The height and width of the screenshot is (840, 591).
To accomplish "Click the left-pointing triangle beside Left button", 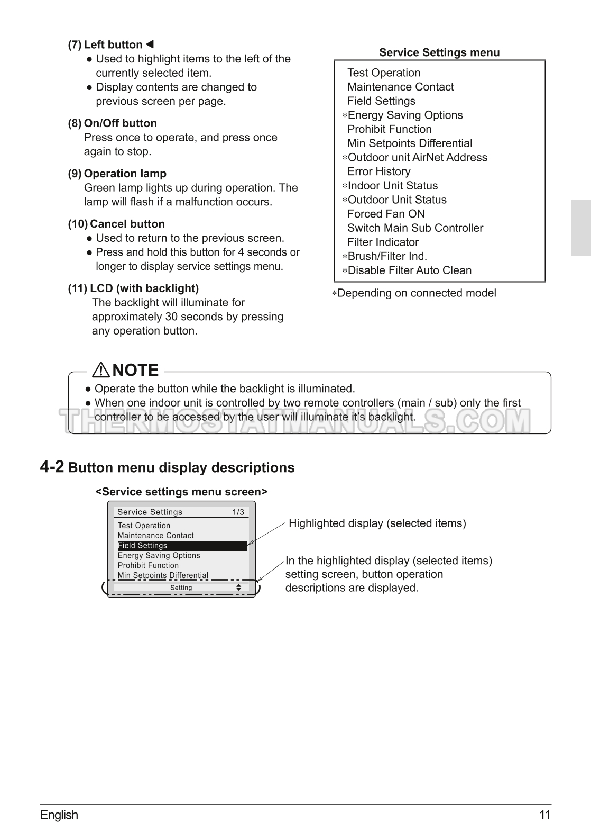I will [x=150, y=44].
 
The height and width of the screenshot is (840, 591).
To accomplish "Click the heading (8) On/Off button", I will [x=112, y=123].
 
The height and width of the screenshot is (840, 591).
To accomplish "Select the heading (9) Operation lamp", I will [x=117, y=174].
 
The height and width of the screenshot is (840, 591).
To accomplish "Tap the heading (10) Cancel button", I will [x=116, y=224].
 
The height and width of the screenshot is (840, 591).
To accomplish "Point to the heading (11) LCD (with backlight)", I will [x=133, y=288].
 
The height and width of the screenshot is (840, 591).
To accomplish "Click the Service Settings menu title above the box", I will [x=439, y=52].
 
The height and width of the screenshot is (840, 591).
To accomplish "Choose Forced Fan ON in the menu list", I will [x=386, y=214].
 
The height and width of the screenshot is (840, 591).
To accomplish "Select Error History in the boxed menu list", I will [x=378, y=171].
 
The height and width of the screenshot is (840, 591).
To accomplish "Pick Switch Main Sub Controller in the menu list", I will [x=415, y=228].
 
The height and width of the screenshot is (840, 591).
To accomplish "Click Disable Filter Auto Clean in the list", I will [x=409, y=270].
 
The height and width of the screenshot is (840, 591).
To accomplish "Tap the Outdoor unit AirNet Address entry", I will [x=417, y=158].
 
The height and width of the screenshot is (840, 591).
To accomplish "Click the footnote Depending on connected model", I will [x=416, y=293].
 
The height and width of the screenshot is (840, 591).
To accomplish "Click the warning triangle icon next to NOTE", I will [x=100, y=369].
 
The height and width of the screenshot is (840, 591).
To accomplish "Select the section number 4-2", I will [x=52, y=467].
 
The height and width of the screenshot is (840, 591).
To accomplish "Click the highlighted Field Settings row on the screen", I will [x=182, y=546].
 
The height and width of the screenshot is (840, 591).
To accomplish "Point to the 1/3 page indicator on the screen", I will [x=238, y=512].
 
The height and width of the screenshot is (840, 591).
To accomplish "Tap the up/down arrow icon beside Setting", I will [x=239, y=588].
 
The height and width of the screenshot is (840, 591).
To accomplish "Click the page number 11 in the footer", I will [x=545, y=815].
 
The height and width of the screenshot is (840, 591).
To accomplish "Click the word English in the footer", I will [x=59, y=815].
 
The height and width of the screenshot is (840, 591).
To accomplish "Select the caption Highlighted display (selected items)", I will [x=377, y=523].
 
